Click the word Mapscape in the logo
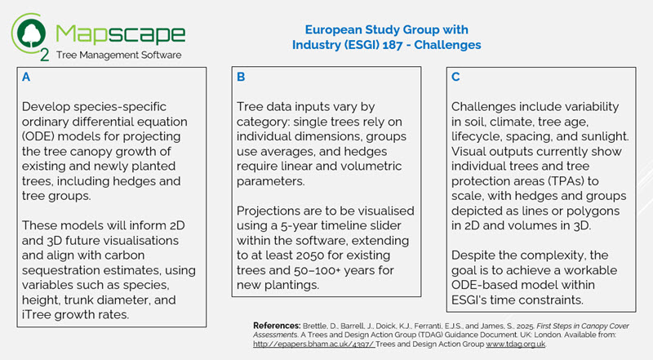point(121,33)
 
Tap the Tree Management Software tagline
point(121,56)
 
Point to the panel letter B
point(241,79)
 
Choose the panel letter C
point(455,79)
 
